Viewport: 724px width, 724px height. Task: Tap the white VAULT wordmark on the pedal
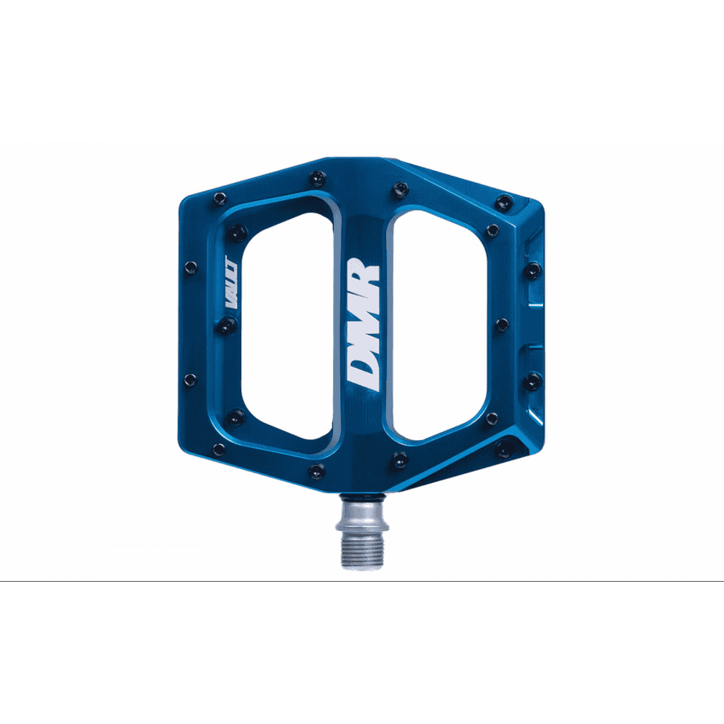(231, 284)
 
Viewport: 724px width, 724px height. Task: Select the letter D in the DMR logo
(362, 374)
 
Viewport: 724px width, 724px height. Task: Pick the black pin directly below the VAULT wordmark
(225, 326)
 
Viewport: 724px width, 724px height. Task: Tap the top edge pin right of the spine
(400, 190)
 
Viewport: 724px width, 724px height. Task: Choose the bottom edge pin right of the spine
(400, 459)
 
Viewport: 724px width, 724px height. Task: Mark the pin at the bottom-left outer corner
(219, 449)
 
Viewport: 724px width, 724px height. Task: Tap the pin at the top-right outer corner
(504, 202)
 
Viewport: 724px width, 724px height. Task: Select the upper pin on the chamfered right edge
(532, 270)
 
